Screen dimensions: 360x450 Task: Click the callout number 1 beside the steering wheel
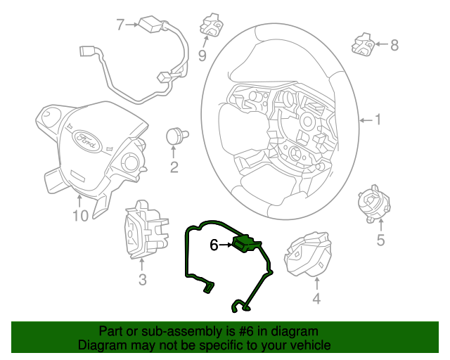378,120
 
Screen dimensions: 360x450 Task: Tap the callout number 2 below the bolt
174,167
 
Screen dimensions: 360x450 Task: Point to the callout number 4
316,300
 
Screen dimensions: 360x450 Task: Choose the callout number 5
380,241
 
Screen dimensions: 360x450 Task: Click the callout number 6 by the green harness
214,245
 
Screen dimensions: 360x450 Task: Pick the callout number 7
120,25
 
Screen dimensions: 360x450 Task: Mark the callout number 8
394,46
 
